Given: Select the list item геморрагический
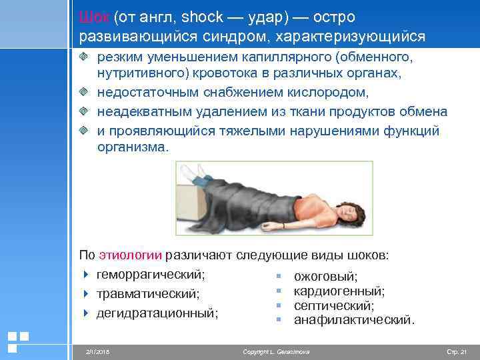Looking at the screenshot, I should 151,273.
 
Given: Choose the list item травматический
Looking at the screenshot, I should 148,293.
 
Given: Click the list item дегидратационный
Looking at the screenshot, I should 158,311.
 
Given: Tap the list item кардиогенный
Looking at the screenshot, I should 339,291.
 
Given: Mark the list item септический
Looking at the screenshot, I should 334,305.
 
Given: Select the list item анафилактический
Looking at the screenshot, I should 353,320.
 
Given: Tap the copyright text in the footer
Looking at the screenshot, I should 277,351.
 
